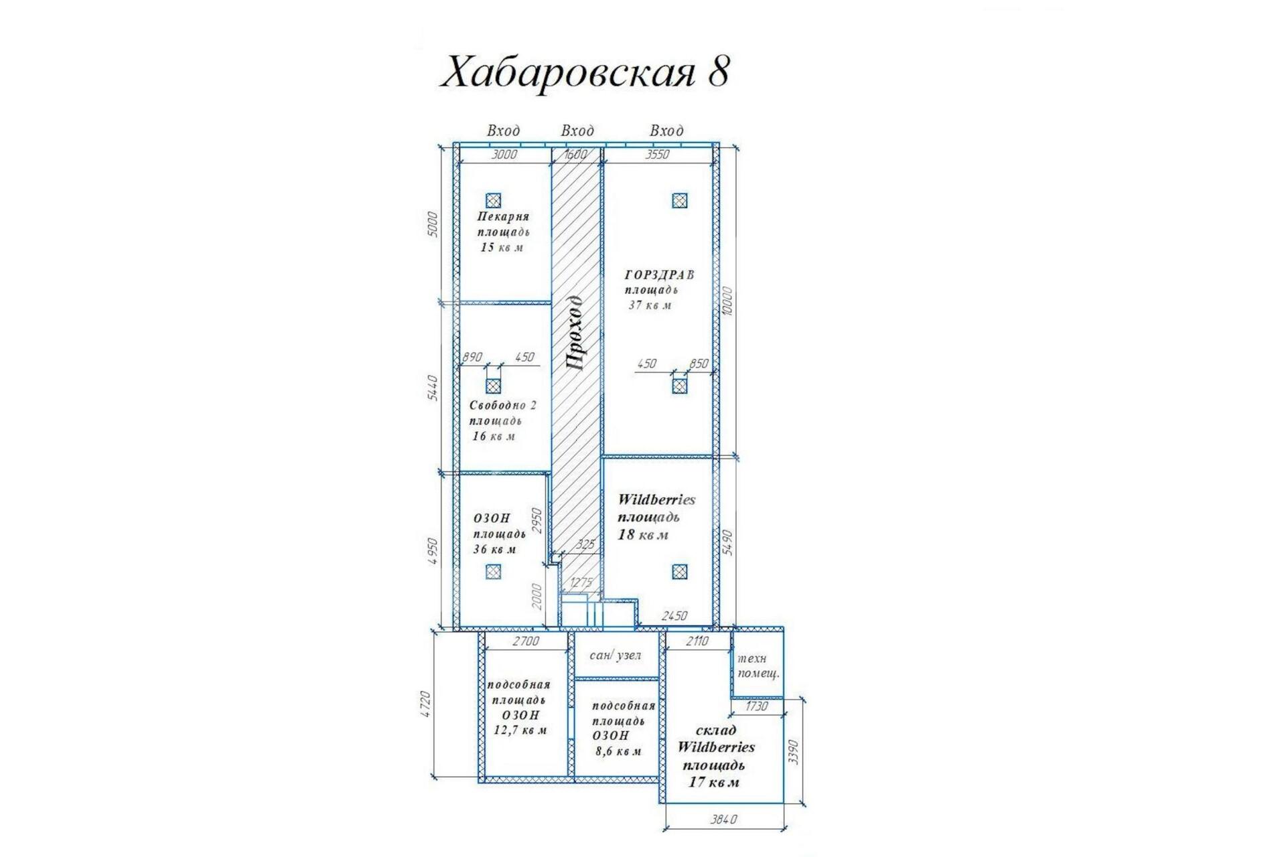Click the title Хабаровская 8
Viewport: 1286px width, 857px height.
[584, 72]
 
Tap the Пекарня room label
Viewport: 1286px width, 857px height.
[503, 216]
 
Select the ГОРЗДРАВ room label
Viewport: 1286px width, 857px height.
[659, 275]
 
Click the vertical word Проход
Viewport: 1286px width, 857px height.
[575, 333]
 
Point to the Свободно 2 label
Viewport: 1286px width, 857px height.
[502, 405]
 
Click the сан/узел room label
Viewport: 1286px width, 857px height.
[615, 655]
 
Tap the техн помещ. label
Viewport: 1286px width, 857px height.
[758, 666]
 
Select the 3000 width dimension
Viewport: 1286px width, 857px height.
[505, 155]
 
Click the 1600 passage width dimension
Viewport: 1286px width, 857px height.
[575, 155]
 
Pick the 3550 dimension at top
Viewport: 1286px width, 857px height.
[657, 155]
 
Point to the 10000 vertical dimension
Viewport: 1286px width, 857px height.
[728, 301]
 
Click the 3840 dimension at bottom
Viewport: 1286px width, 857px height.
[724, 820]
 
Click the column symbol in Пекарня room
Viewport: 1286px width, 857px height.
[493, 200]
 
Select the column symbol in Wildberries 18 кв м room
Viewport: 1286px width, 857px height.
[679, 572]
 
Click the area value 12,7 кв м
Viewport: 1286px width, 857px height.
[520, 730]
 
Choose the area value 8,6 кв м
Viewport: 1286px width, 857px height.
[618, 751]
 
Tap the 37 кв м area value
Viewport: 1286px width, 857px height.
[650, 305]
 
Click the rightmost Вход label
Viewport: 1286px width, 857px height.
[666, 131]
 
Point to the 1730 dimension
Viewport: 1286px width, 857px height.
[756, 706]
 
